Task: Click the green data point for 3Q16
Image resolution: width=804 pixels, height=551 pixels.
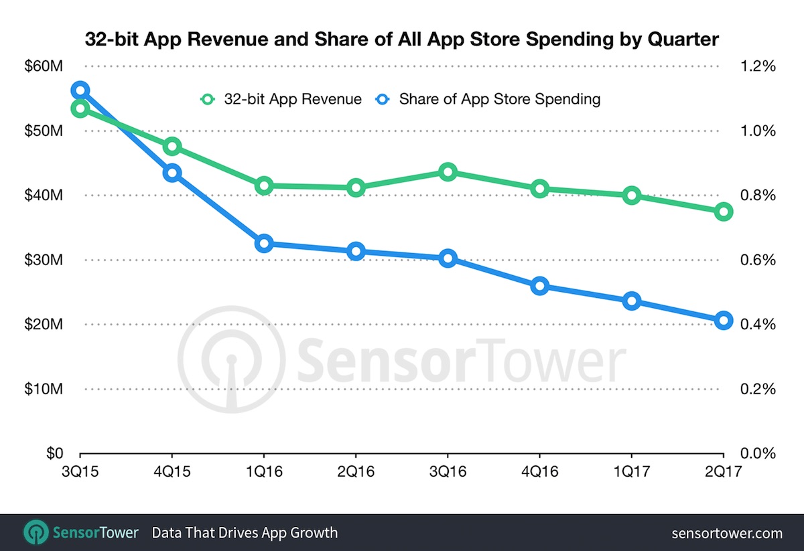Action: (x=448, y=172)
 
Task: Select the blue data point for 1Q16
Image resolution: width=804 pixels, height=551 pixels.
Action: (x=264, y=244)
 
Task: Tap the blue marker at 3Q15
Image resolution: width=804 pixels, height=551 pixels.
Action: (x=80, y=90)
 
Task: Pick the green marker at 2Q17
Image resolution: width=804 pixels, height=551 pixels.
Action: (x=723, y=212)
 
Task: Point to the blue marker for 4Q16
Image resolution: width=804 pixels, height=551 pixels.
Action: (x=539, y=287)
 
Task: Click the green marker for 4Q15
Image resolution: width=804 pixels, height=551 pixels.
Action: (x=172, y=147)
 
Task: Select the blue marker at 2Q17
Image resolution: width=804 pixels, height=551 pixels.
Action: (x=723, y=320)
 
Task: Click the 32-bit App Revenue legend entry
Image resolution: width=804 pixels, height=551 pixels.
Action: (x=281, y=99)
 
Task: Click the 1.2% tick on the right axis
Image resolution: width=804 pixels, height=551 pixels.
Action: (x=758, y=66)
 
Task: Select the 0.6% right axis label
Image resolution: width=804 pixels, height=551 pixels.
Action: (x=758, y=260)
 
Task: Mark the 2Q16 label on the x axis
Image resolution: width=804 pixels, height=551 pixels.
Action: (x=355, y=471)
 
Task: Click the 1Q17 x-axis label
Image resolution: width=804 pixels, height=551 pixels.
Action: (x=631, y=471)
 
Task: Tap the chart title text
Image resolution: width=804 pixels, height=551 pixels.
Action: (x=402, y=40)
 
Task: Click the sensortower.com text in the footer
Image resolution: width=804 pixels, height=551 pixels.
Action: (x=727, y=534)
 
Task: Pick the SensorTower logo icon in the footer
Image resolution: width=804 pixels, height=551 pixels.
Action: (x=36, y=533)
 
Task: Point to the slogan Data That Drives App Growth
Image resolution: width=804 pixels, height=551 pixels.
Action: (x=245, y=534)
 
